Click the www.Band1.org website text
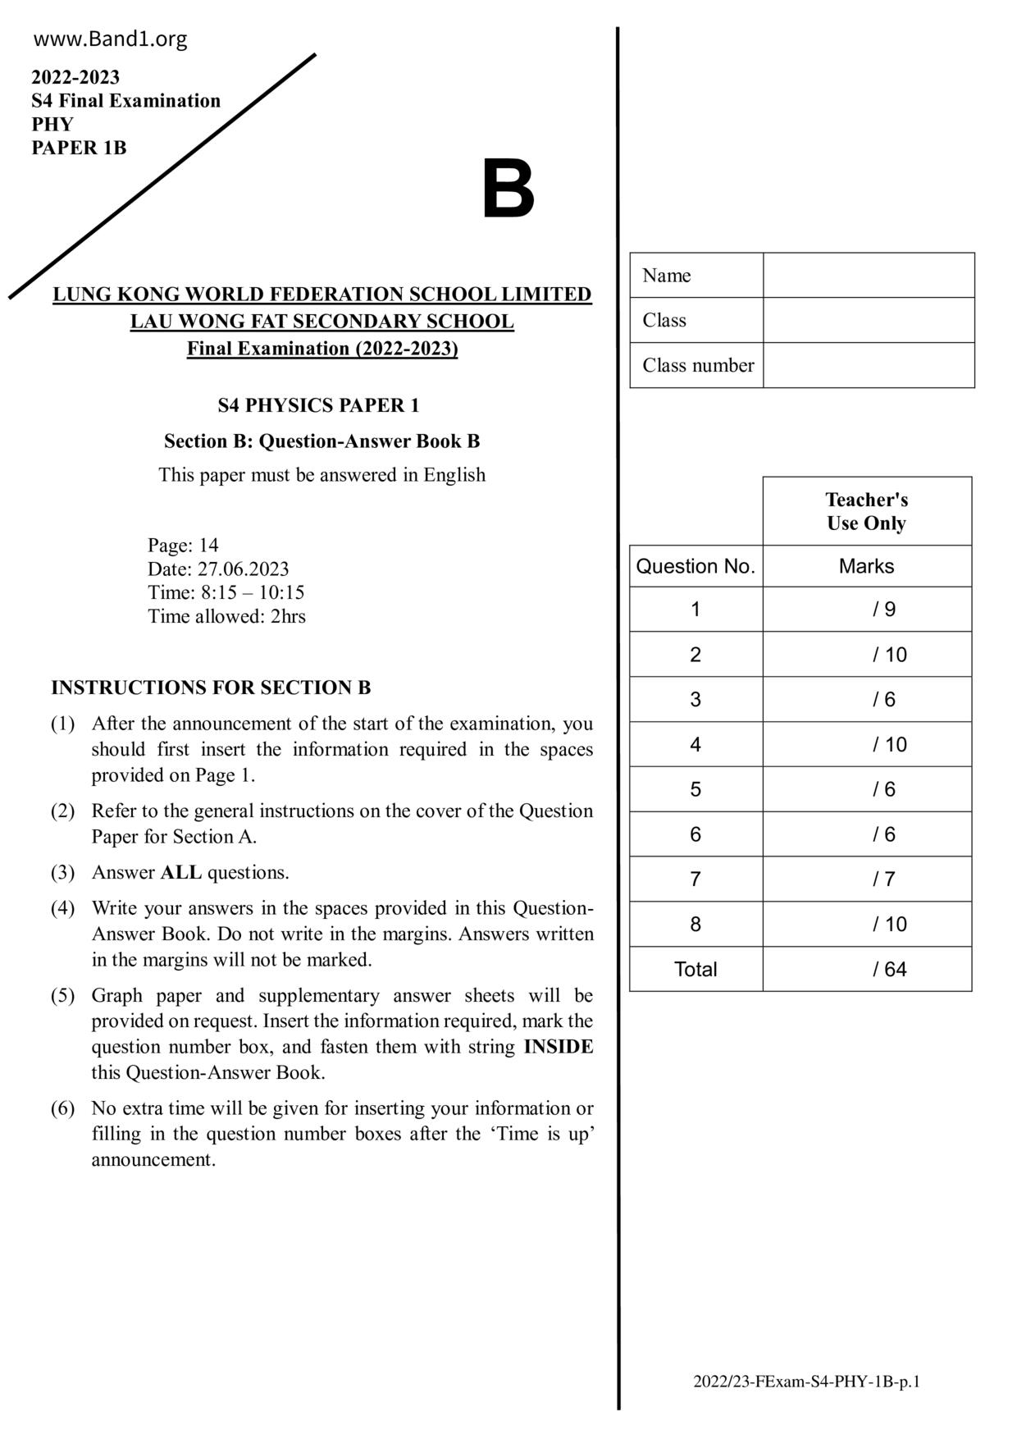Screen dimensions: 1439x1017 tap(111, 39)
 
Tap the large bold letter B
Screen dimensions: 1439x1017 tap(508, 190)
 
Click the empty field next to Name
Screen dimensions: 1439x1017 tap(868, 275)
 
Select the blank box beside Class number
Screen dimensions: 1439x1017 tap(868, 365)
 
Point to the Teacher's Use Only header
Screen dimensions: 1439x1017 tap(866, 511)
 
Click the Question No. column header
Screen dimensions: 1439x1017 tap(695, 566)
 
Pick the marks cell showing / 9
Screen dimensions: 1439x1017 tap(867, 609)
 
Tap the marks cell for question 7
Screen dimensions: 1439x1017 tap(867, 879)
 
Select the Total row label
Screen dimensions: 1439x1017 tap(695, 969)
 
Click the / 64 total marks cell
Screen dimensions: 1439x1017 tap(867, 969)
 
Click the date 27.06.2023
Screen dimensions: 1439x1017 tap(243, 569)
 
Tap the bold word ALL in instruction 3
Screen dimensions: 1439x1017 tap(181, 872)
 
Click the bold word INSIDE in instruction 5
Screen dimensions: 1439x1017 tap(558, 1047)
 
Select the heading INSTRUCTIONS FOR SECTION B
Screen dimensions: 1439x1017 tap(211, 688)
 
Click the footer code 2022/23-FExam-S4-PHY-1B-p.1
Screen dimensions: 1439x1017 tap(806, 1382)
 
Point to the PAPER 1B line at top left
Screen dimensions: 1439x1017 tap(79, 148)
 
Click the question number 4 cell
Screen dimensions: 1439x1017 tap(695, 744)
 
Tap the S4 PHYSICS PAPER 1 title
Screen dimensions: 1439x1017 tap(318, 405)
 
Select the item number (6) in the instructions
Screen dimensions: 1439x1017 tap(62, 1108)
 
